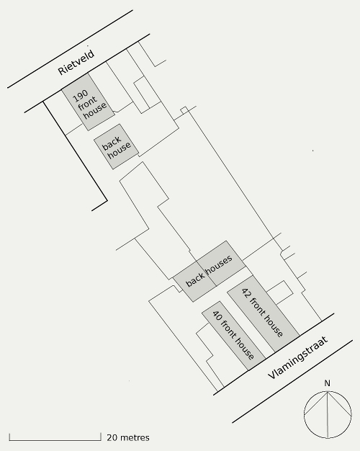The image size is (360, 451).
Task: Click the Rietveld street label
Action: [x=76, y=63]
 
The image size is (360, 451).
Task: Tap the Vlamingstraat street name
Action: [x=298, y=357]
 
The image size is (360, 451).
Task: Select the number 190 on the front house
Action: [x=81, y=96]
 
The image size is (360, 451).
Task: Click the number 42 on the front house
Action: [x=246, y=293]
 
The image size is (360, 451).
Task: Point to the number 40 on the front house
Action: [x=217, y=316]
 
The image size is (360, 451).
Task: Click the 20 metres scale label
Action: [x=128, y=437]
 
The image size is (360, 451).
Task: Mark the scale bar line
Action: [x=55, y=439]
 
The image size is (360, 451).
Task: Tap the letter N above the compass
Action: [x=327, y=383]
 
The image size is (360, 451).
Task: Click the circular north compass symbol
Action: [x=328, y=415]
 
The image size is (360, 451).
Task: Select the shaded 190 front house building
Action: [x=89, y=102]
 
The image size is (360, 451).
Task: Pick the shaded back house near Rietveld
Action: [x=116, y=147]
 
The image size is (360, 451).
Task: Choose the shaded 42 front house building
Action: [x=264, y=314]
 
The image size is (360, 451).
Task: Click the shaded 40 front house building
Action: [x=233, y=336]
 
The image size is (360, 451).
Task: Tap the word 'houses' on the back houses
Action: [x=219, y=264]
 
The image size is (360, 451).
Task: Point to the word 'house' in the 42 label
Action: [x=271, y=325]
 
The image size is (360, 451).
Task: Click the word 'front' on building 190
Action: [x=87, y=104]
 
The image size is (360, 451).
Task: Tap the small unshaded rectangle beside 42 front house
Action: [x=279, y=293]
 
